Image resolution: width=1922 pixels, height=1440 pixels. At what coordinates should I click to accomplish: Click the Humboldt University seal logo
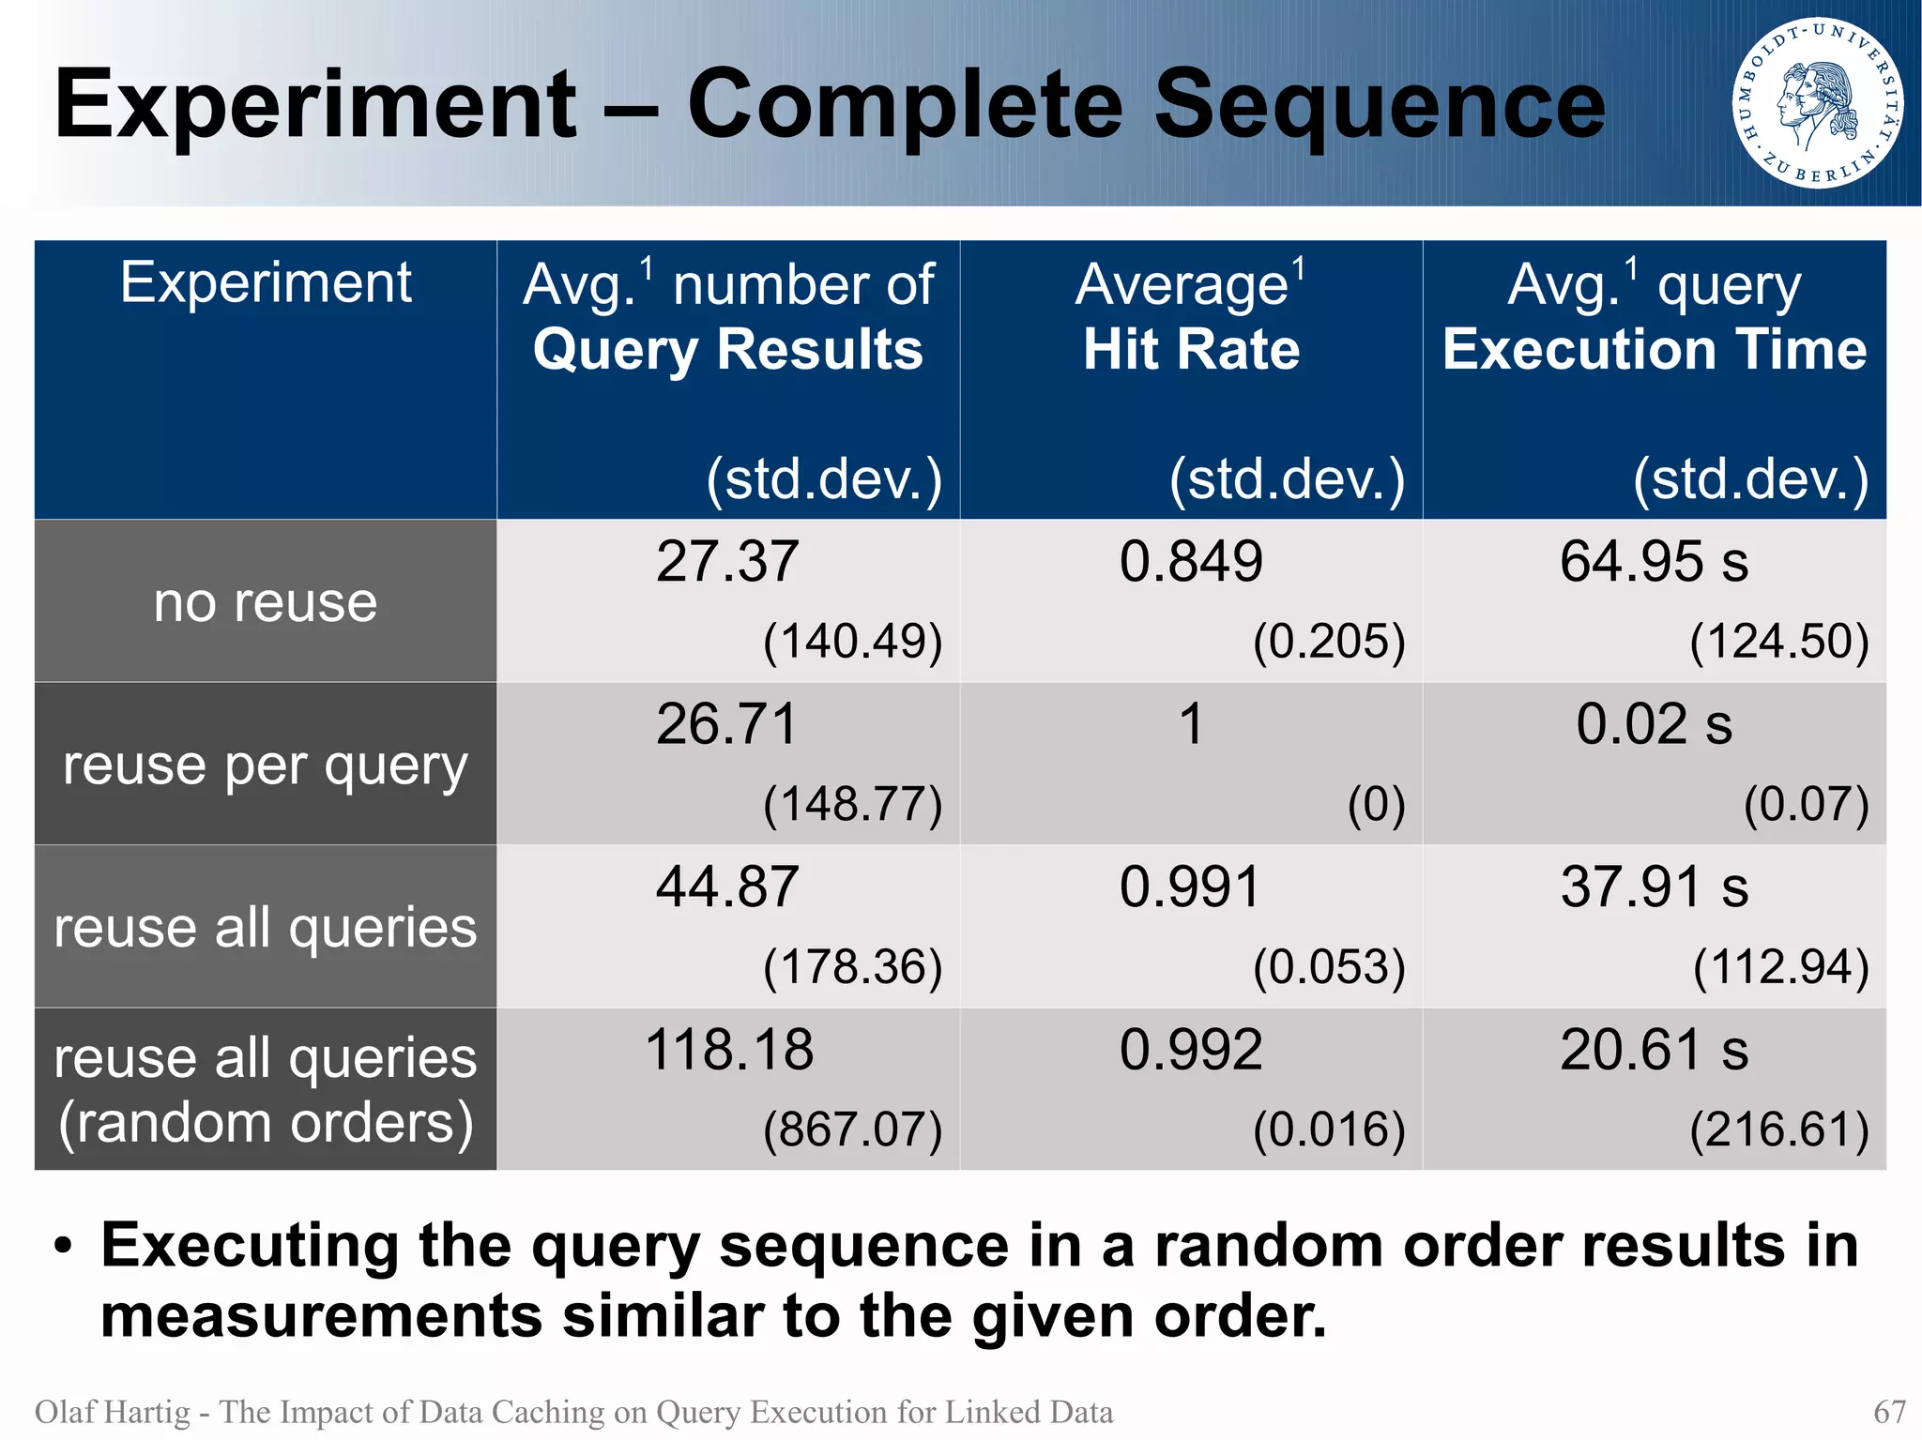point(1818,103)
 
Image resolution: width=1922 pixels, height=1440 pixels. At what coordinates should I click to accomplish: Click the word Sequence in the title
point(1379,105)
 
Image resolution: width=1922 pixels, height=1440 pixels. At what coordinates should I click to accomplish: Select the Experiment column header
point(266,282)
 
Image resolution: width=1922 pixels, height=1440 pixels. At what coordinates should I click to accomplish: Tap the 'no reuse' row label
point(266,601)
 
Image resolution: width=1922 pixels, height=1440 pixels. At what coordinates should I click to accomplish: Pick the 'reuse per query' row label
point(266,765)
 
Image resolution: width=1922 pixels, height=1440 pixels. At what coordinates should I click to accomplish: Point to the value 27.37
point(727,562)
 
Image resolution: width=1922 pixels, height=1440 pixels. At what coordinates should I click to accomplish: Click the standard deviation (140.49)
point(852,642)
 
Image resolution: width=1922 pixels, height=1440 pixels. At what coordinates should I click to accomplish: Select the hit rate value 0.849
point(1191,562)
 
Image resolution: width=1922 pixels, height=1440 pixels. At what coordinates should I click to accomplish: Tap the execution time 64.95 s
point(1654,562)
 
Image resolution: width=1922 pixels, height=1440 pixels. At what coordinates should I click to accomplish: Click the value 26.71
point(727,724)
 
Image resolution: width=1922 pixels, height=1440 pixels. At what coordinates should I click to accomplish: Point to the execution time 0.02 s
point(1654,724)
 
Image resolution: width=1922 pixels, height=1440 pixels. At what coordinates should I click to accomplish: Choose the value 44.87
point(727,887)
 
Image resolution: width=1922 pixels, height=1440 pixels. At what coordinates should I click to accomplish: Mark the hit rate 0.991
point(1190,887)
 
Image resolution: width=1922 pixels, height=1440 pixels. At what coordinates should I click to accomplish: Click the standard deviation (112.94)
point(1780,967)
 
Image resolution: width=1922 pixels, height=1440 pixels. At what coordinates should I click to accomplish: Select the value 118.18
point(729,1050)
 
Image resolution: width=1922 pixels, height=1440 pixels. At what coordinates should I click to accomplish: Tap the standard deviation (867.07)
point(852,1129)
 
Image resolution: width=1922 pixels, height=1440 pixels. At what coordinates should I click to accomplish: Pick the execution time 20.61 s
point(1654,1050)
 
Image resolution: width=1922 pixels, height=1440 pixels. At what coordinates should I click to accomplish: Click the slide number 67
point(1889,1412)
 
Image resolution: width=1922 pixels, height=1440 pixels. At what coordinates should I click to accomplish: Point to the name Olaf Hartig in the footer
point(113,1412)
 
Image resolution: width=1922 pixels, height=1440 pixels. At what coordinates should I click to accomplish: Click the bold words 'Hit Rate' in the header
point(1191,350)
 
